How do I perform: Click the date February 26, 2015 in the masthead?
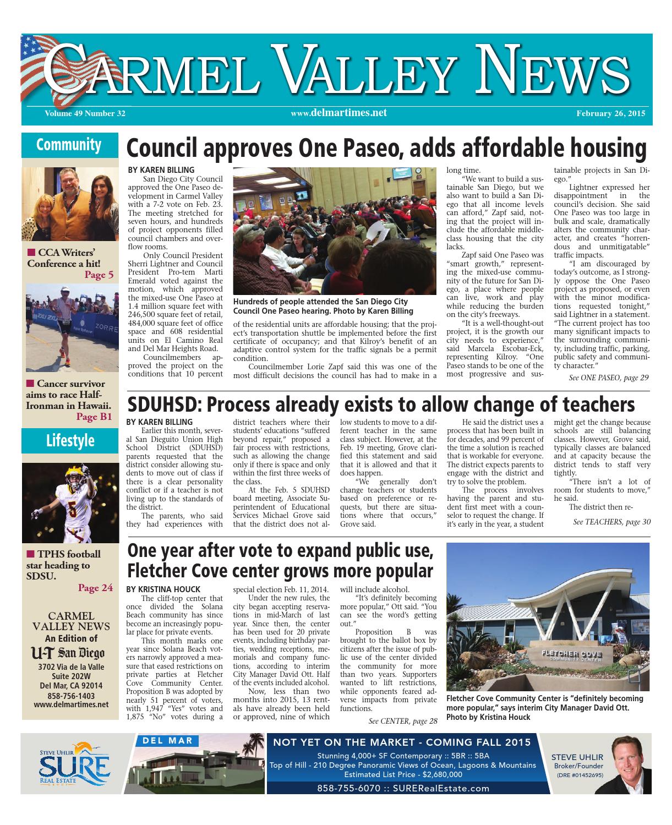pos(610,114)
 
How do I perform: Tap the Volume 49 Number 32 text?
pos(81,114)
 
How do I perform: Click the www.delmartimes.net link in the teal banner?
pos(338,113)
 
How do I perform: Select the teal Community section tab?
pos(69,145)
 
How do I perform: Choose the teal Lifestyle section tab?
pos(70,440)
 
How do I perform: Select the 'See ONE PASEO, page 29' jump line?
pos(609,378)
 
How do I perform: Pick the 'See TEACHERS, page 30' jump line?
pos(611,522)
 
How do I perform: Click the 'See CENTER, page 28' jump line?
pos(403,721)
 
